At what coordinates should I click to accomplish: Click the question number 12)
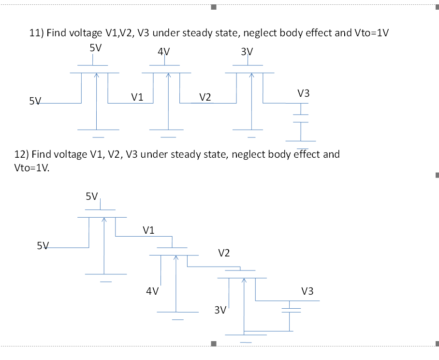point(22,154)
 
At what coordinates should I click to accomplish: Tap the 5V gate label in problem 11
point(95,48)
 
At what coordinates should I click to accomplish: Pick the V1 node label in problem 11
point(137,97)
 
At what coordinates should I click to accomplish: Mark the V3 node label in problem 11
point(304,93)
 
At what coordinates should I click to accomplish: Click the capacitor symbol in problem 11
point(301,119)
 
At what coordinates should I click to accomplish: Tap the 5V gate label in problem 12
point(92,196)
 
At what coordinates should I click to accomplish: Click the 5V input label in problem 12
point(43,245)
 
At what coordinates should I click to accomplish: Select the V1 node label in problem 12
point(149,230)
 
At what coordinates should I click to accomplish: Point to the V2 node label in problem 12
point(224,253)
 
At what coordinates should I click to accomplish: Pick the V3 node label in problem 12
point(307,291)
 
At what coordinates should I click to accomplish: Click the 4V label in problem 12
point(152,291)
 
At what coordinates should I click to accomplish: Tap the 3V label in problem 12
point(220,310)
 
